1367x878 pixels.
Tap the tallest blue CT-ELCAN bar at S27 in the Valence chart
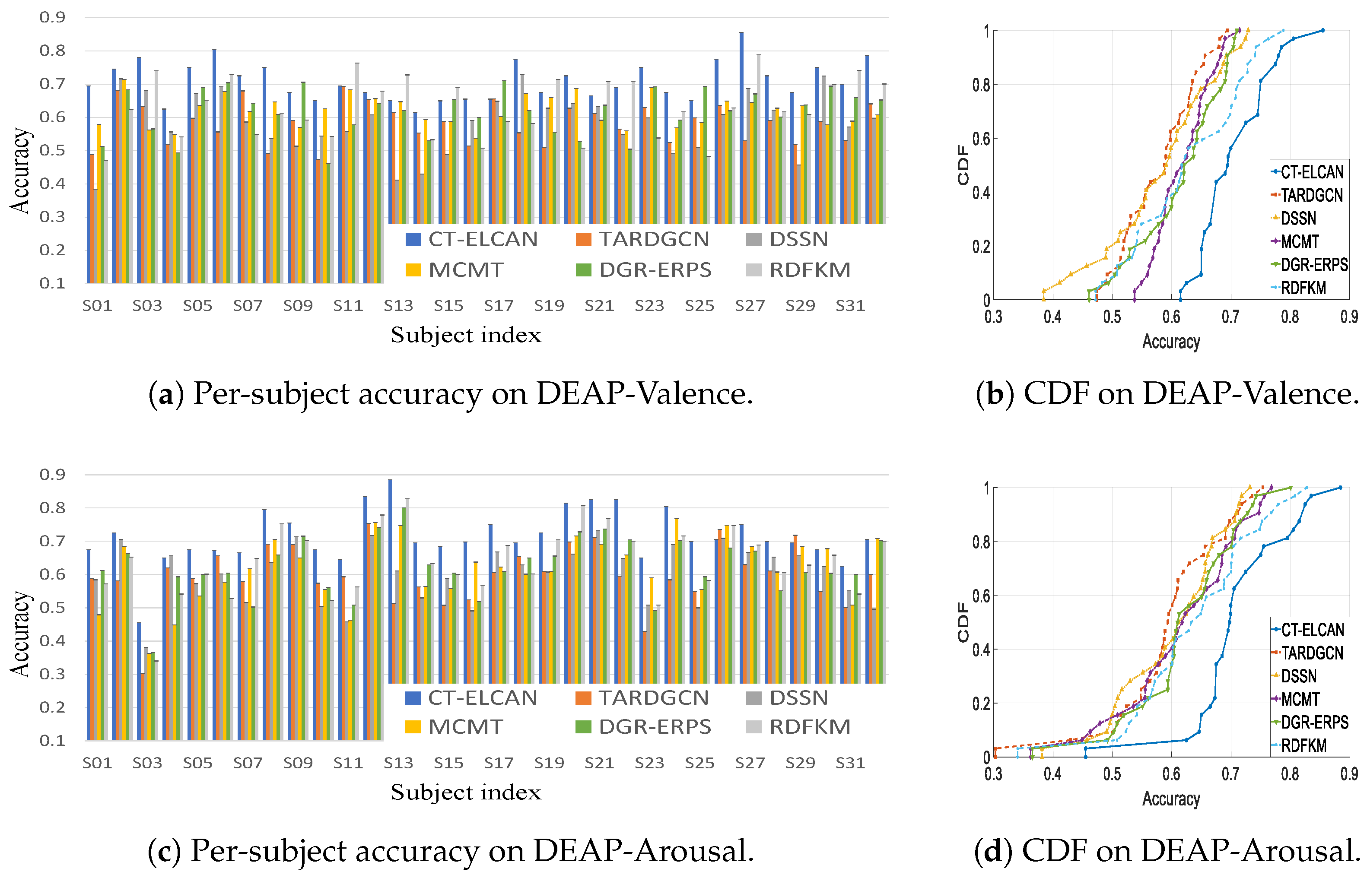pyautogui.click(x=741, y=128)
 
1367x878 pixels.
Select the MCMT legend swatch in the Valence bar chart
pyautogui.click(x=413, y=269)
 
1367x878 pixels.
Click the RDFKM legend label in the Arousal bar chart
pyautogui.click(x=810, y=727)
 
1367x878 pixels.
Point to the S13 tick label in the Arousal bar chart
pyautogui.click(x=398, y=764)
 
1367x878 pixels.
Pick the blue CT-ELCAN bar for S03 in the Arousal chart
pyautogui.click(x=139, y=681)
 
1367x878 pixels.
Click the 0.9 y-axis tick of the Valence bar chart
pyautogui.click(x=52, y=18)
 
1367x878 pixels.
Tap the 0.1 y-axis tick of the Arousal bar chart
pyautogui.click(x=52, y=741)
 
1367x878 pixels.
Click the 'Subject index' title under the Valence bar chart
pyautogui.click(x=466, y=335)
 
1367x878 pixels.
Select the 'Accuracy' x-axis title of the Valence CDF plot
pyautogui.click(x=1171, y=342)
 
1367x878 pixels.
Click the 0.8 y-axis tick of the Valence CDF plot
pyautogui.click(x=981, y=85)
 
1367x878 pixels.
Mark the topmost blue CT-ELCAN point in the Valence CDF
pyautogui.click(x=1322, y=30)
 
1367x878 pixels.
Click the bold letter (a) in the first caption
pyautogui.click(x=166, y=394)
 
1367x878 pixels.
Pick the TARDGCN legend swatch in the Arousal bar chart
pyautogui.click(x=583, y=698)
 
